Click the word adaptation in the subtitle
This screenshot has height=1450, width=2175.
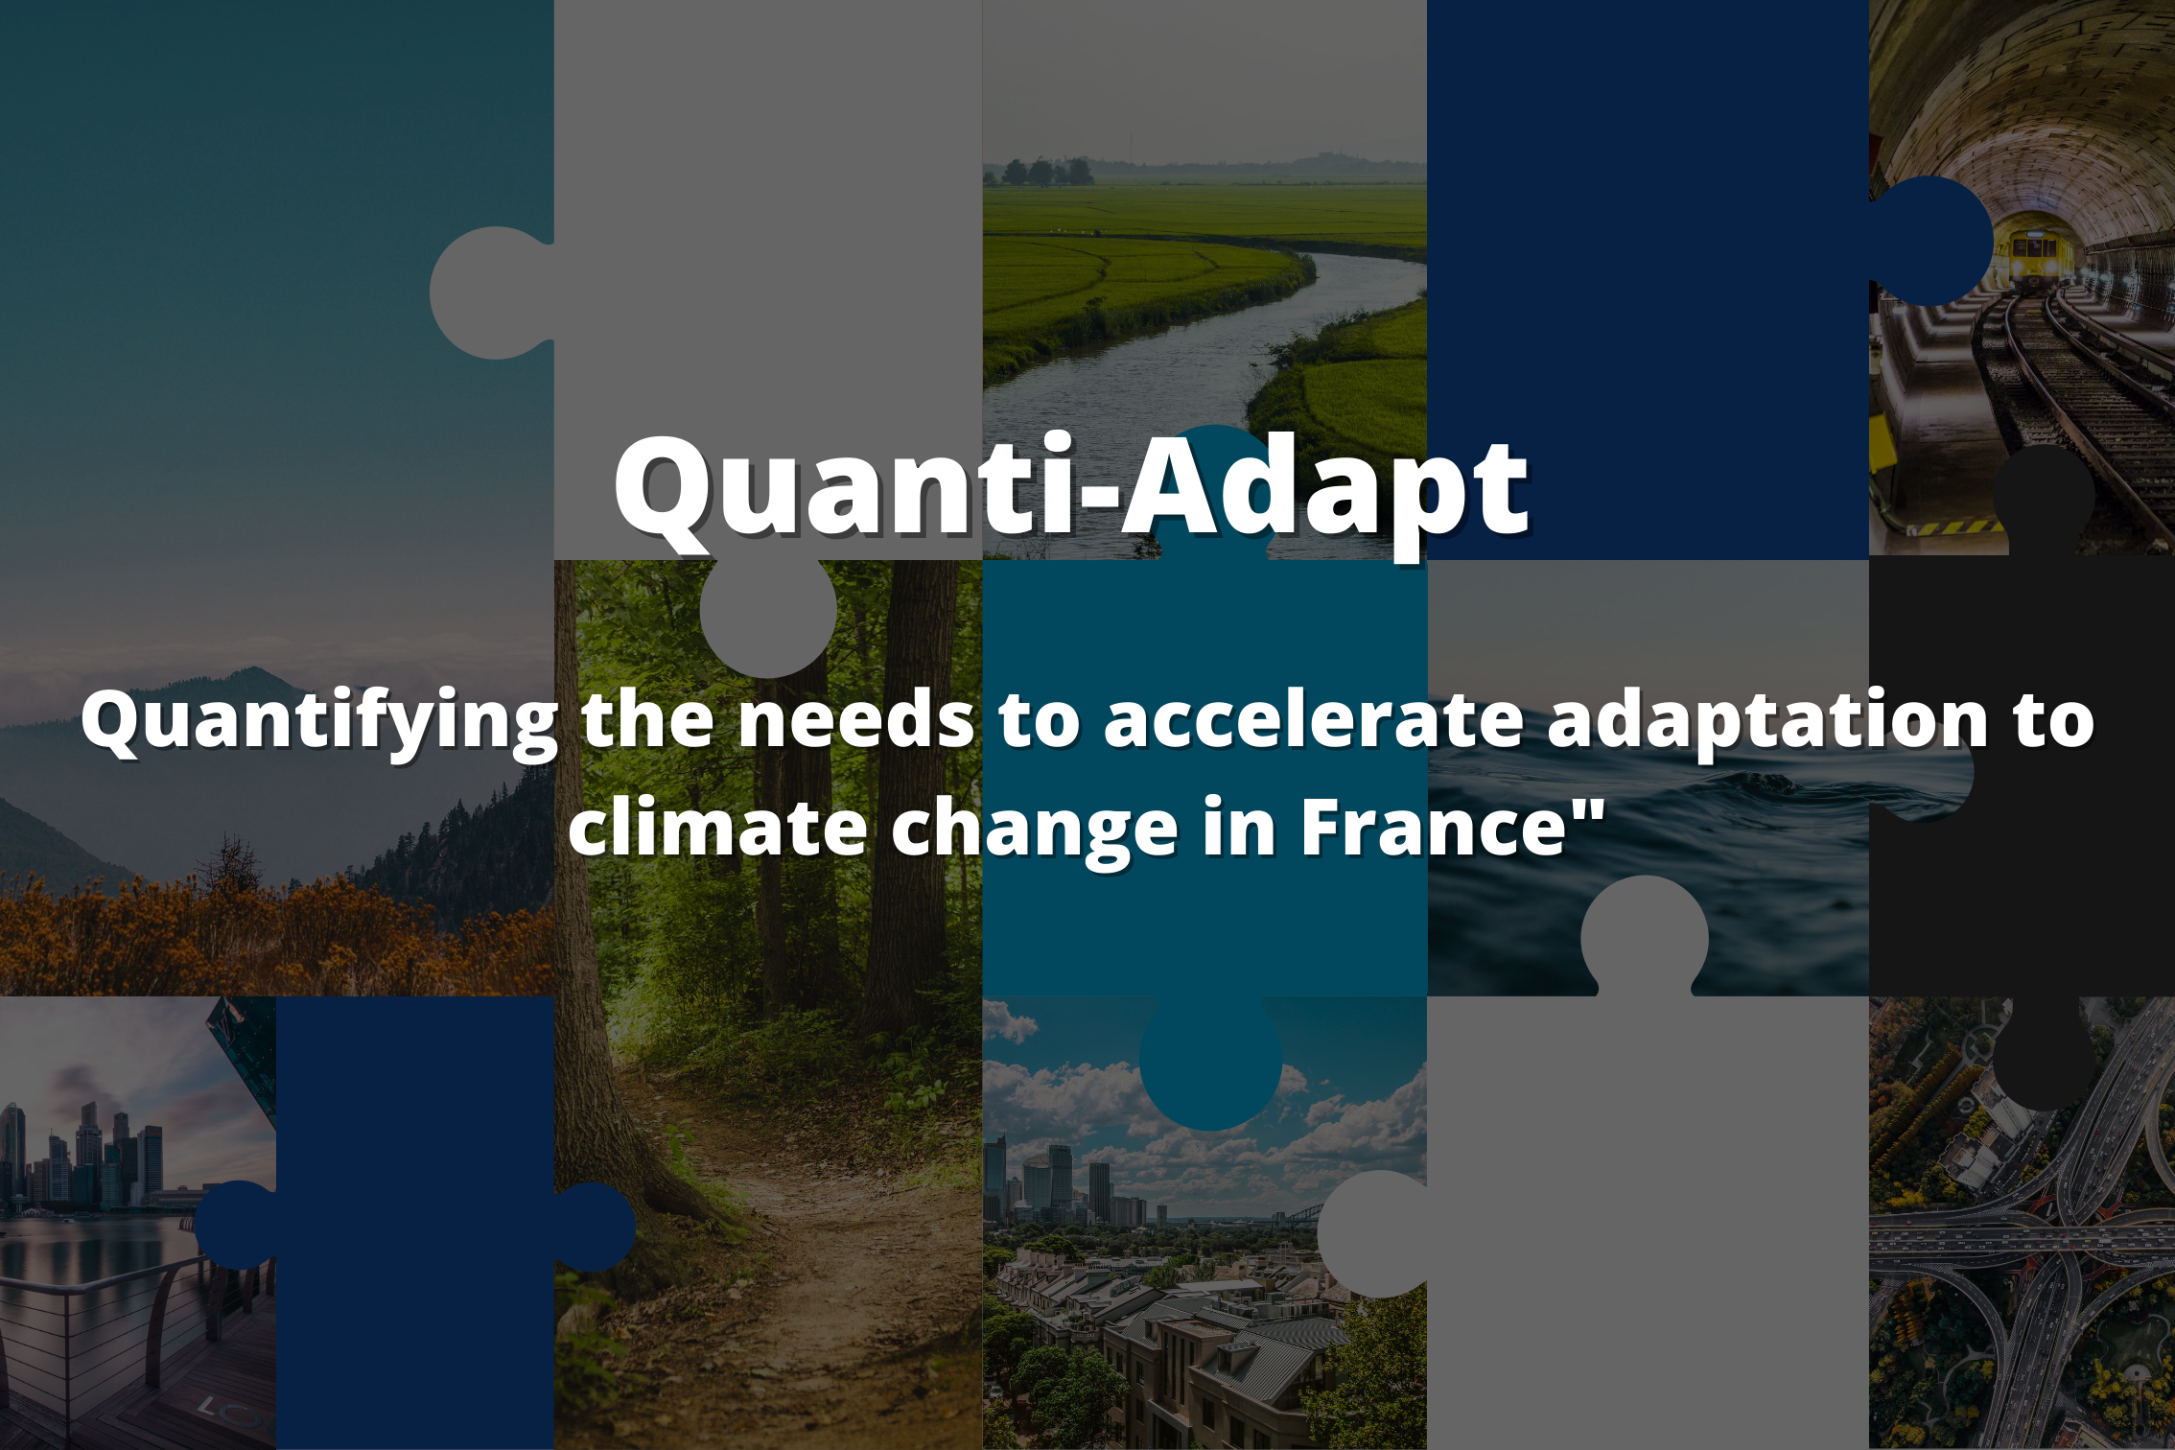click(1768, 721)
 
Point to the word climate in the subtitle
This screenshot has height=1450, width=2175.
click(717, 827)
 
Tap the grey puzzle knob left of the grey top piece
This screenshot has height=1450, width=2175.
click(492, 292)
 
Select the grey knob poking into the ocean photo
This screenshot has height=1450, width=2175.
click(1645, 936)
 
